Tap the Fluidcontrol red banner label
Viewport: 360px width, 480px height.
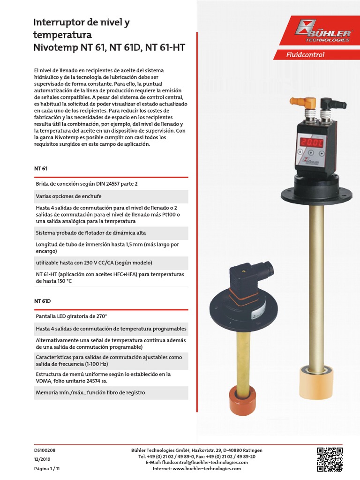click(305, 54)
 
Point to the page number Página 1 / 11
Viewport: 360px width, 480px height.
click(47, 468)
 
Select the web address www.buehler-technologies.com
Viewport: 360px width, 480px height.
click(207, 468)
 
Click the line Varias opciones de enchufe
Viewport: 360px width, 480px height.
click(68, 196)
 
